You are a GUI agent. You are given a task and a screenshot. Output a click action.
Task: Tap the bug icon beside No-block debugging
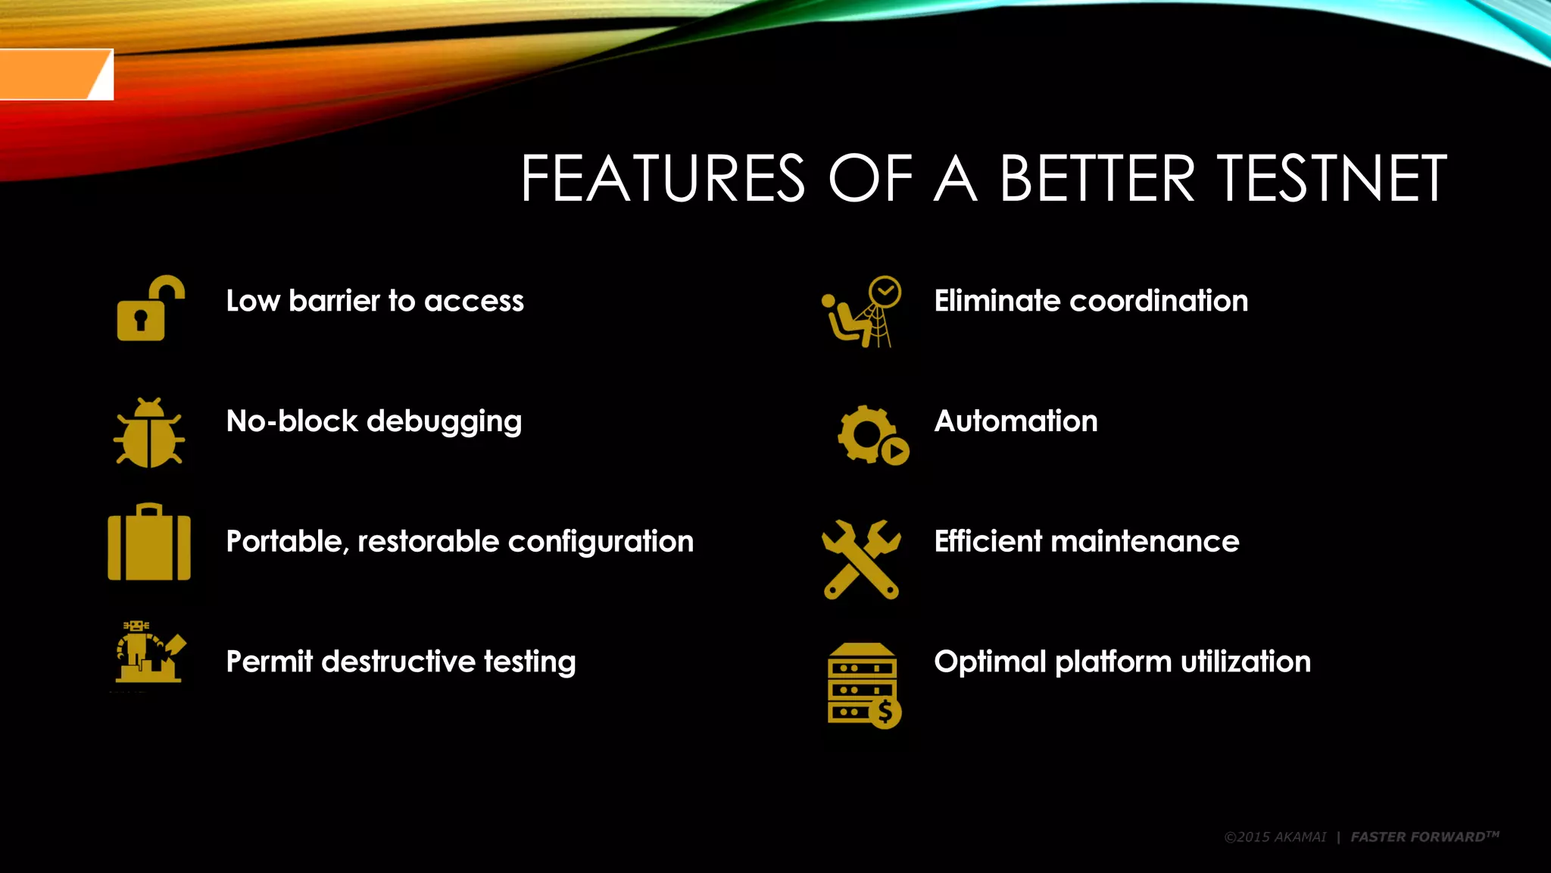[x=149, y=433]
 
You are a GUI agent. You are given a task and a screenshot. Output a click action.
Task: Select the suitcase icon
[x=149, y=543]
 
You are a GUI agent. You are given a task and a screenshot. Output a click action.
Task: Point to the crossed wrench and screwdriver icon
[x=861, y=559]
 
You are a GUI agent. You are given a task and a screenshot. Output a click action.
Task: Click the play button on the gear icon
[x=895, y=452]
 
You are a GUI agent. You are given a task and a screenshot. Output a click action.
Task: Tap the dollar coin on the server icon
[x=885, y=712]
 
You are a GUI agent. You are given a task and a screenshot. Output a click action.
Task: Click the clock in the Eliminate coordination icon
[x=885, y=291]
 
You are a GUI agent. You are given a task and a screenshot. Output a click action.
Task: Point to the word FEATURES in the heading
[x=663, y=179]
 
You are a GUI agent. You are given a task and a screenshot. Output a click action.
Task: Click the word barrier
[x=334, y=301]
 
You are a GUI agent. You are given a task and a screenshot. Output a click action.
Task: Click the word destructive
[x=398, y=662]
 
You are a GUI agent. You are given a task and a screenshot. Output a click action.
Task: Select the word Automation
[x=1016, y=421]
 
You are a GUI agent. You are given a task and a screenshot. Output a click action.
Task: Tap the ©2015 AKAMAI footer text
[x=1275, y=837]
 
